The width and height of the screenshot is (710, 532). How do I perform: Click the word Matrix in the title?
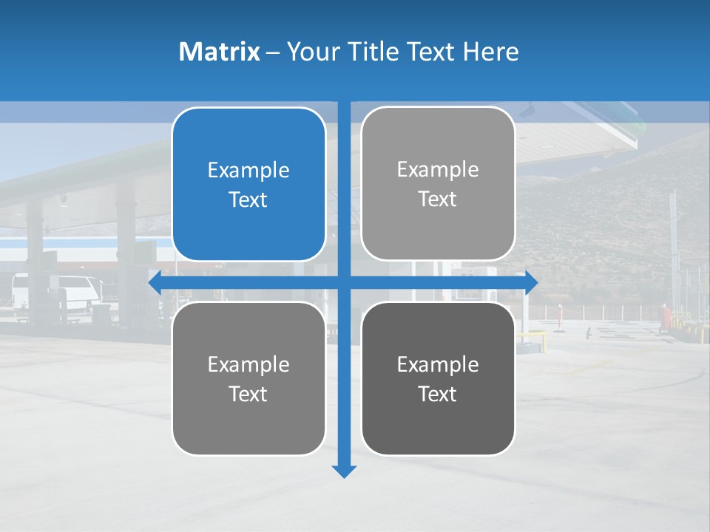[220, 52]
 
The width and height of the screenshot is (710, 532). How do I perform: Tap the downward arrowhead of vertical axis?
[344, 471]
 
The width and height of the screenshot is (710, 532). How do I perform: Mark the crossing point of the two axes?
[344, 283]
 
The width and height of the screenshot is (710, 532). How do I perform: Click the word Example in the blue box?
[248, 170]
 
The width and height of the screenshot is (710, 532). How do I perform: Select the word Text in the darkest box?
[438, 394]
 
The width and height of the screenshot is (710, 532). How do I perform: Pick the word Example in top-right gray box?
[438, 169]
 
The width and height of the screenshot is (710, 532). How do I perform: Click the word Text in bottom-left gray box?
[248, 394]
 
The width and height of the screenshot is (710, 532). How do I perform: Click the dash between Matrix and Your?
[273, 52]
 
